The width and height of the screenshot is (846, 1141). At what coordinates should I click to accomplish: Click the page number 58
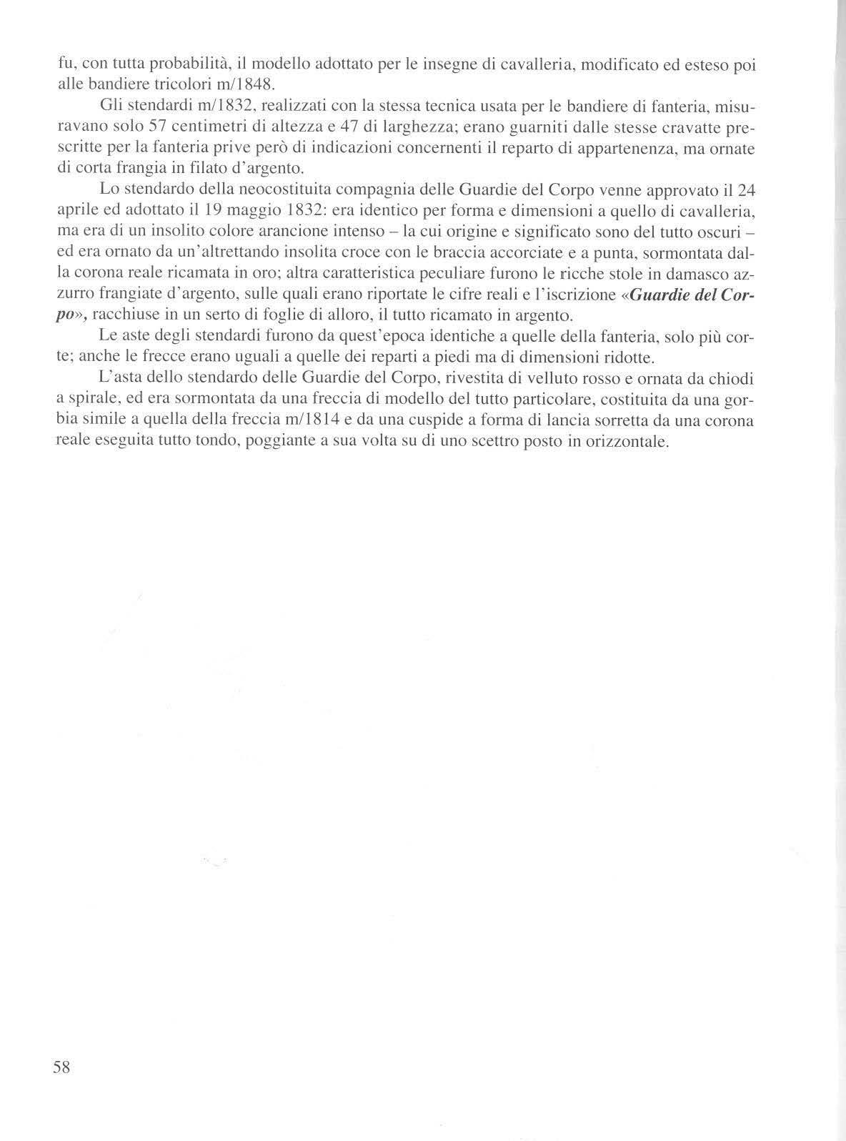click(61, 1067)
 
